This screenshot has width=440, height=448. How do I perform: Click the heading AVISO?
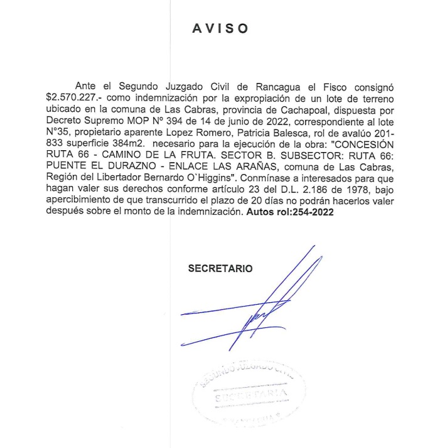pyautogui.click(x=220, y=30)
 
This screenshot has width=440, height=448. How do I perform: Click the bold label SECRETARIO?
pyautogui.click(x=220, y=268)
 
